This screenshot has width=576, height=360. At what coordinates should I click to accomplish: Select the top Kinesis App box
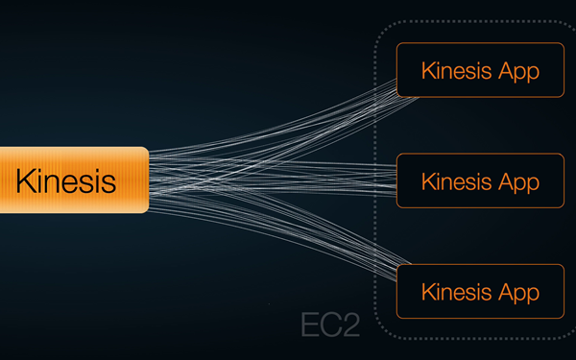479,70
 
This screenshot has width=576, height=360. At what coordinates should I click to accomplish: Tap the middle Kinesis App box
479,180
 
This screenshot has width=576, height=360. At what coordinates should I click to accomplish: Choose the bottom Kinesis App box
479,291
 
